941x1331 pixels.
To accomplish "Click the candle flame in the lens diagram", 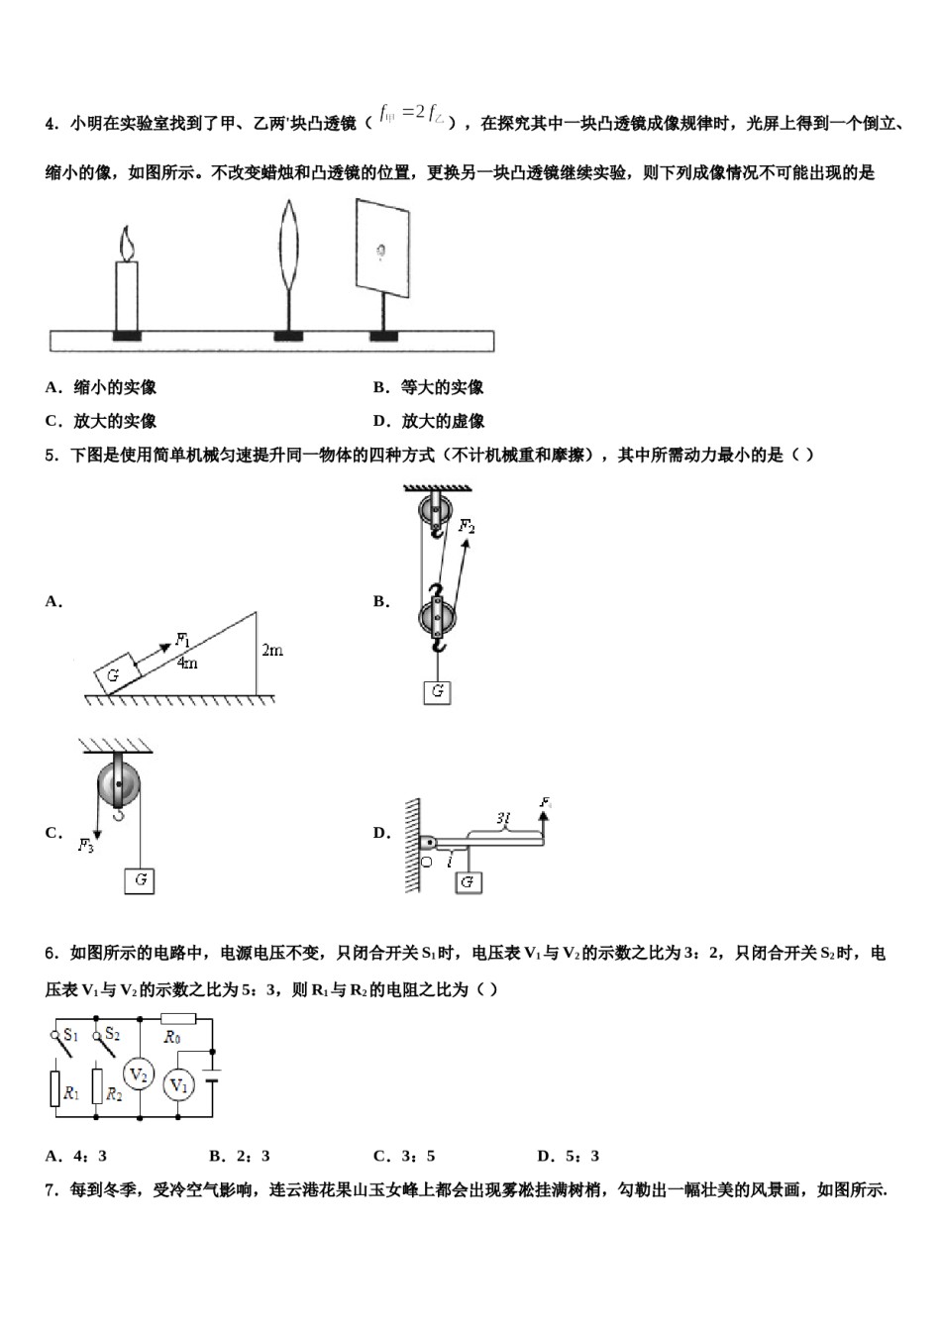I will pyautogui.click(x=126, y=243).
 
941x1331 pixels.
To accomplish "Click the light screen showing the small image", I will pyautogui.click(x=382, y=248).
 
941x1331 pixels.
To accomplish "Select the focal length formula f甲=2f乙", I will pyautogui.click(x=413, y=117).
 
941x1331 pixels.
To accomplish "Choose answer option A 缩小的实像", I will pyautogui.click(x=101, y=387).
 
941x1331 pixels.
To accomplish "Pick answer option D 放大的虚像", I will pyautogui.click(x=429, y=421).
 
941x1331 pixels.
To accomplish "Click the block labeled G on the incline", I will pyautogui.click(x=114, y=675).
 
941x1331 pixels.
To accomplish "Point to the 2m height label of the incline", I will pyautogui.click(x=272, y=651).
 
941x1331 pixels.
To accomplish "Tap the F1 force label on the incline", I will pyautogui.click(x=183, y=640).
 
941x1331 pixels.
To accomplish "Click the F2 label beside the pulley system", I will pyautogui.click(x=466, y=527).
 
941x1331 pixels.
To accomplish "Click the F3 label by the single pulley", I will pyautogui.click(x=87, y=845).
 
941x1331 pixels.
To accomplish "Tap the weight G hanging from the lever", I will pyautogui.click(x=469, y=880).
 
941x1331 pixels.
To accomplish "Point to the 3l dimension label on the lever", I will pyautogui.click(x=503, y=818).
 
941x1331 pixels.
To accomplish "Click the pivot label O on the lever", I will pyautogui.click(x=426, y=863).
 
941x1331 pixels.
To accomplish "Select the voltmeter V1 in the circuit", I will pyautogui.click(x=178, y=1085).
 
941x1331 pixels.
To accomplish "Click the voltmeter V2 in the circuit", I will pyautogui.click(x=139, y=1075).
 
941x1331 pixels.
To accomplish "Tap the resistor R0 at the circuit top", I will pyautogui.click(x=178, y=1018).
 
